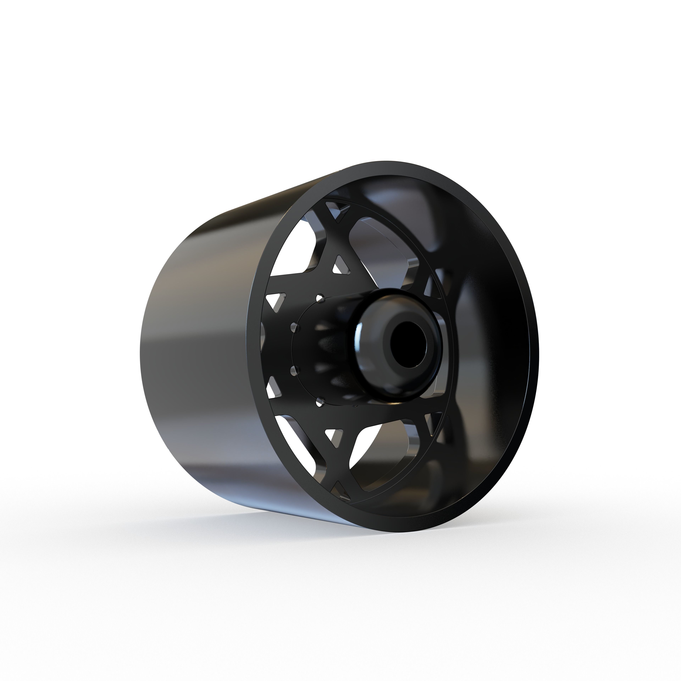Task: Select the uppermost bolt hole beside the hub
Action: (x=320, y=298)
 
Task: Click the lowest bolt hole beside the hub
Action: (x=320, y=400)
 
